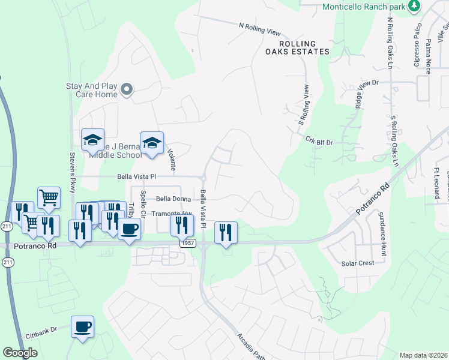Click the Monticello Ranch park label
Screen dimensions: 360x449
click(364, 7)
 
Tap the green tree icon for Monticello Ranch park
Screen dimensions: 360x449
click(414, 6)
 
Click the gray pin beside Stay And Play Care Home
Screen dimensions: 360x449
click(127, 90)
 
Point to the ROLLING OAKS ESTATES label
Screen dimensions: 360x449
click(298, 47)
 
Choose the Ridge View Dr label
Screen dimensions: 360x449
click(368, 94)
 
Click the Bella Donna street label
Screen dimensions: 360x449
click(173, 199)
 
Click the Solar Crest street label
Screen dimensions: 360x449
click(358, 263)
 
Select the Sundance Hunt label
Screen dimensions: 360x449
click(381, 230)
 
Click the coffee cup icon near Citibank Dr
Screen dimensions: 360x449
click(82, 327)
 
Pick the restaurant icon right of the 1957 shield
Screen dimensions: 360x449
click(226, 232)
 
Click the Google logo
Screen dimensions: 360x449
click(20, 352)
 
